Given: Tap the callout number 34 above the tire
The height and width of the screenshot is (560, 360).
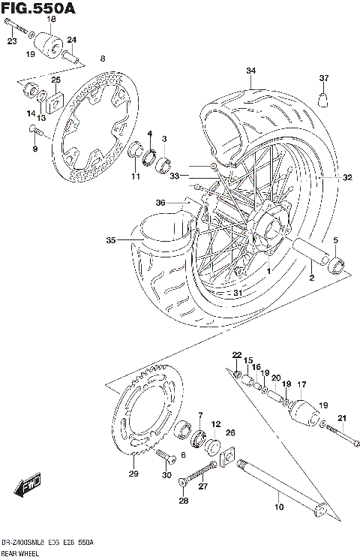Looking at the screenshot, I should pos(250,71).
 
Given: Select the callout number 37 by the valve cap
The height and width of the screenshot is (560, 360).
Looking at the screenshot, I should pos(324,78).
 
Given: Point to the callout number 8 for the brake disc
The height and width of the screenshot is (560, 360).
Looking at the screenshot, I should pos(103,58).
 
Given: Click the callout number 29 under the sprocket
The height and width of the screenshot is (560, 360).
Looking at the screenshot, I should pos(134,474).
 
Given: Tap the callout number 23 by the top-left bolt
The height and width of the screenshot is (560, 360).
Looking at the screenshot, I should pos(12,41).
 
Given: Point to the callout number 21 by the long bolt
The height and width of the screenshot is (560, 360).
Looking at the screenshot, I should pos(341,418).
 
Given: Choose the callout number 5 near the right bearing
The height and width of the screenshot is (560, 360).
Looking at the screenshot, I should pos(335,240).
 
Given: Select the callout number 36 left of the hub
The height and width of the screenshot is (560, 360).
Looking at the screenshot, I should pos(160,203).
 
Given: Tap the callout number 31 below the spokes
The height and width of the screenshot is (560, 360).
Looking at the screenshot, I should pos(238,293).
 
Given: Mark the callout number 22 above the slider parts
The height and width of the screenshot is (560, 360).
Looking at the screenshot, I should pos(236,355).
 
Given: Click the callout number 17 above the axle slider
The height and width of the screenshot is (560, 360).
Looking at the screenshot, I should pos(302,385).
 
